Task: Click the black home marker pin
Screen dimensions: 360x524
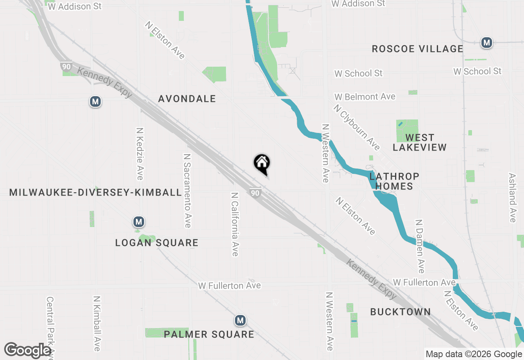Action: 262,164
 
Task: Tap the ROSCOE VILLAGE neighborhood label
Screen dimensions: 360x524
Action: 417,49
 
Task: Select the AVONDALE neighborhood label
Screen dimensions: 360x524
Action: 187,99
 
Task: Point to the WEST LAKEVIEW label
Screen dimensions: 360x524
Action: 420,142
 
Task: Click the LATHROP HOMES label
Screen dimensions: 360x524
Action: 394,181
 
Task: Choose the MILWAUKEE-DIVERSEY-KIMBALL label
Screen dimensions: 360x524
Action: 95,192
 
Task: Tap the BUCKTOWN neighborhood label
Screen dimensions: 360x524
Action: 400,312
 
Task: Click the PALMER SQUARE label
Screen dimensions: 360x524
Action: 209,334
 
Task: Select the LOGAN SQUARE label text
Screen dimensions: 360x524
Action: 157,243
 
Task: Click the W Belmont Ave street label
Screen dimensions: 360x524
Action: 365,97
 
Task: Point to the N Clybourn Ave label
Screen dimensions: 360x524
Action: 357,127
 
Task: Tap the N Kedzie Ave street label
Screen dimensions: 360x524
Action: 140,153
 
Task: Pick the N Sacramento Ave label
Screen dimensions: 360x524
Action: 187,191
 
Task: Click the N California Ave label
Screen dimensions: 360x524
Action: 235,224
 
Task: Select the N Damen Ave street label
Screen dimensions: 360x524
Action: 420,246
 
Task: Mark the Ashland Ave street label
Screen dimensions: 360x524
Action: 512,198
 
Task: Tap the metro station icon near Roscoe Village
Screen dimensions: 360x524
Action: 486,43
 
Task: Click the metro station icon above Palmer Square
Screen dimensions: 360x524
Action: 240,320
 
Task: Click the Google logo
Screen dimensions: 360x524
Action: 27,351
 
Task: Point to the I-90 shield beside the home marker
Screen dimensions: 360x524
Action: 255,193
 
